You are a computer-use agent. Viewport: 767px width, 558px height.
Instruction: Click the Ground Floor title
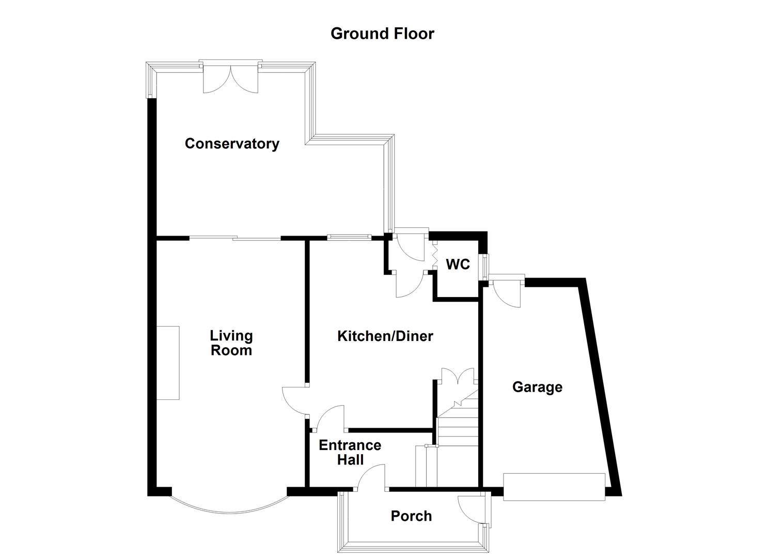point(382,34)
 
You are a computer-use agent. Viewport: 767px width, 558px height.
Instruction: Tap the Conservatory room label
point(232,143)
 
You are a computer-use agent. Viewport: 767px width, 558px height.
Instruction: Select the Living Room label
point(231,343)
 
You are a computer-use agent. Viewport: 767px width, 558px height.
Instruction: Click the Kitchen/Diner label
point(385,336)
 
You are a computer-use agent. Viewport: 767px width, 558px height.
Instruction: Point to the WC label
point(458,265)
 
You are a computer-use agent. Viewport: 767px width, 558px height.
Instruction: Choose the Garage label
point(537,387)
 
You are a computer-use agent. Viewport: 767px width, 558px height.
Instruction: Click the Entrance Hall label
point(350,452)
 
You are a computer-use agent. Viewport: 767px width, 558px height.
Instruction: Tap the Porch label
point(411,516)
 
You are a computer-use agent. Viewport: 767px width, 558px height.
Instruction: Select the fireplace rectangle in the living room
point(168,363)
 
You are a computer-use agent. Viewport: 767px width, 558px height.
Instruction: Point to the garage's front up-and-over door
point(554,487)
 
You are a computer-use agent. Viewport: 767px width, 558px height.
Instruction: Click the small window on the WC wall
point(485,267)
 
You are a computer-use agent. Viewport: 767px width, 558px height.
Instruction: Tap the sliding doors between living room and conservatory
point(235,238)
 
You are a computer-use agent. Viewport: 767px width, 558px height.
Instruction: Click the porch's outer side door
point(471,509)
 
